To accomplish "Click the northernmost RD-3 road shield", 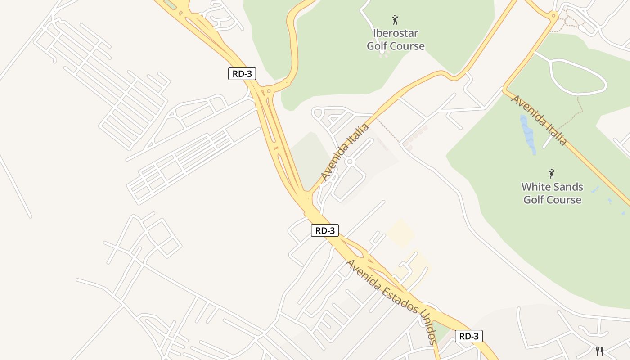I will coord(242,74).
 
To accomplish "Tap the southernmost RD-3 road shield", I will coord(468,336).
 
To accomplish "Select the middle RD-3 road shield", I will coord(325,230).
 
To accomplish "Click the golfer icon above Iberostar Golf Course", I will coord(395,20).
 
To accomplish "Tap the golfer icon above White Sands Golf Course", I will coord(552,174).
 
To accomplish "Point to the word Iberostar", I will coord(396,33).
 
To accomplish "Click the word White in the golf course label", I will coord(536,187).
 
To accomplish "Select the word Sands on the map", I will coord(568,187).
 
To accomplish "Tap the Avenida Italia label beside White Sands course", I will coord(539,120).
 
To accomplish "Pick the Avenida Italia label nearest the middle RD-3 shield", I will coord(345,152).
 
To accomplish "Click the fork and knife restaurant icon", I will coord(599,351).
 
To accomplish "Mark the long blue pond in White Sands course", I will coord(527,134).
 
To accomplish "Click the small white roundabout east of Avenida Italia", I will coord(349,161).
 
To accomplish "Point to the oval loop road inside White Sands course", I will coord(578,77).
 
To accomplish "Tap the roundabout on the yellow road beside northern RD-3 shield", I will coord(269,91).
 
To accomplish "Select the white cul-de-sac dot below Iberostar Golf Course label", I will coord(382,52).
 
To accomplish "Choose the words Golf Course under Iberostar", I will coord(396,46).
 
